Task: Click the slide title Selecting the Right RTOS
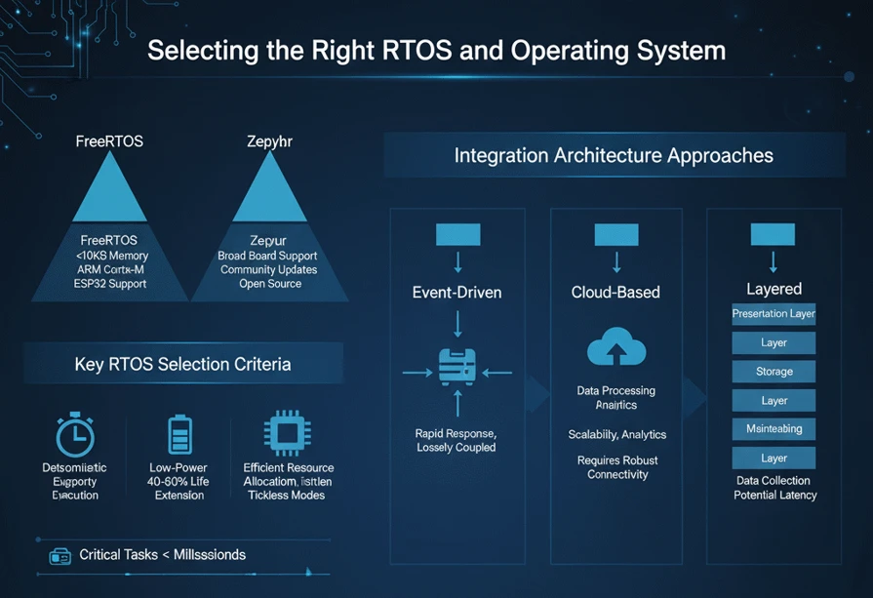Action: [436, 50]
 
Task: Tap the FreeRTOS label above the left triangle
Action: [109, 141]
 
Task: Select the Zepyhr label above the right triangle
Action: [270, 141]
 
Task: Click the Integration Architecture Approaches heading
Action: [614, 155]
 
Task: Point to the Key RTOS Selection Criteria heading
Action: [182, 365]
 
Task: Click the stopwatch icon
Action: [75, 435]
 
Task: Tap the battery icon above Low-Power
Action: [179, 434]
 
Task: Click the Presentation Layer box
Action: [774, 314]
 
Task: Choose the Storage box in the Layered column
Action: [774, 372]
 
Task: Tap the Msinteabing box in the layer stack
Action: [774, 429]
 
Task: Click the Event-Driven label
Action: [456, 292]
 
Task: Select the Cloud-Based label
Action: [615, 292]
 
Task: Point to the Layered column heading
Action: [774, 289]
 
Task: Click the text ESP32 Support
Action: [109, 284]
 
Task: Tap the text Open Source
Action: [270, 284]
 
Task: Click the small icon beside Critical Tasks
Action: [60, 555]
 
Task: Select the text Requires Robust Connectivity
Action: [616, 467]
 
